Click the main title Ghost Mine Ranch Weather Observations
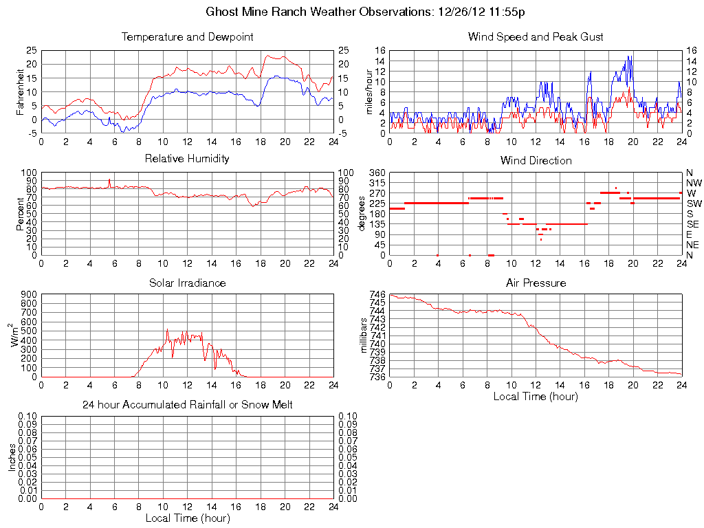pyautogui.click(x=366, y=12)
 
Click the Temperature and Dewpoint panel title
pyautogui.click(x=187, y=36)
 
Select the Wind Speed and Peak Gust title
pyautogui.click(x=536, y=36)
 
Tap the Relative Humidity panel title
pyautogui.click(x=187, y=159)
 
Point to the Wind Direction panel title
pyautogui.click(x=536, y=160)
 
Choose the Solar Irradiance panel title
pyautogui.click(x=187, y=283)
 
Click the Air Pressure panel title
pyautogui.click(x=536, y=283)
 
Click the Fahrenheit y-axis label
pyautogui.click(x=21, y=92)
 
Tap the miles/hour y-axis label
pyautogui.click(x=369, y=92)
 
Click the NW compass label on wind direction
pyautogui.click(x=694, y=183)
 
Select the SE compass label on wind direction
pyautogui.click(x=693, y=224)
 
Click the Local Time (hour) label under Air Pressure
pyautogui.click(x=536, y=396)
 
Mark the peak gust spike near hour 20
pyautogui.click(x=628, y=57)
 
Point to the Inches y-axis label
pyautogui.click(x=12, y=457)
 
